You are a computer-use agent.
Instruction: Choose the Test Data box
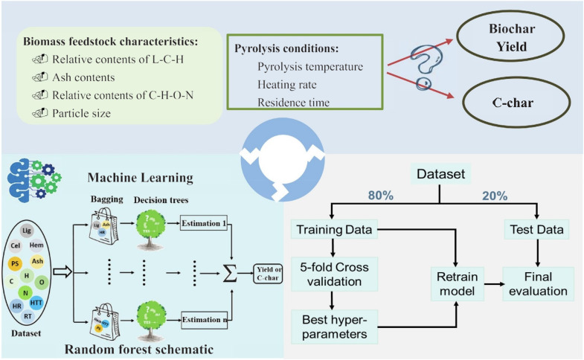pos(534,228)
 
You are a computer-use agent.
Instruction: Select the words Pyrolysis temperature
pos(309,67)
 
